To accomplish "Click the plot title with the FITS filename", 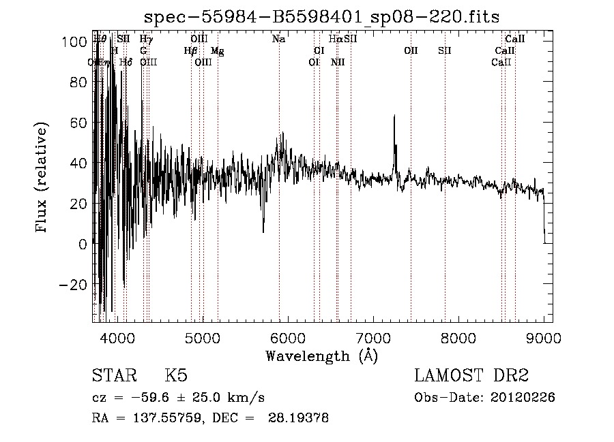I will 322,16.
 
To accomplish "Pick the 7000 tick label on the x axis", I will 373,338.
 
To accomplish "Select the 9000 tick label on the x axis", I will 544,338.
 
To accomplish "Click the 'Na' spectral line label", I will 278,40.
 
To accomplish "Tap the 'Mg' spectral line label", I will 217,51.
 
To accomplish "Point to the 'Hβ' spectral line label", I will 190,51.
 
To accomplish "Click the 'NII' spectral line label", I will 338,63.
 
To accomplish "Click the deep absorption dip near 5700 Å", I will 263,230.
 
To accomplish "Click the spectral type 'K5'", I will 176,376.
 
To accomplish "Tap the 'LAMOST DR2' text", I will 471,376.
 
